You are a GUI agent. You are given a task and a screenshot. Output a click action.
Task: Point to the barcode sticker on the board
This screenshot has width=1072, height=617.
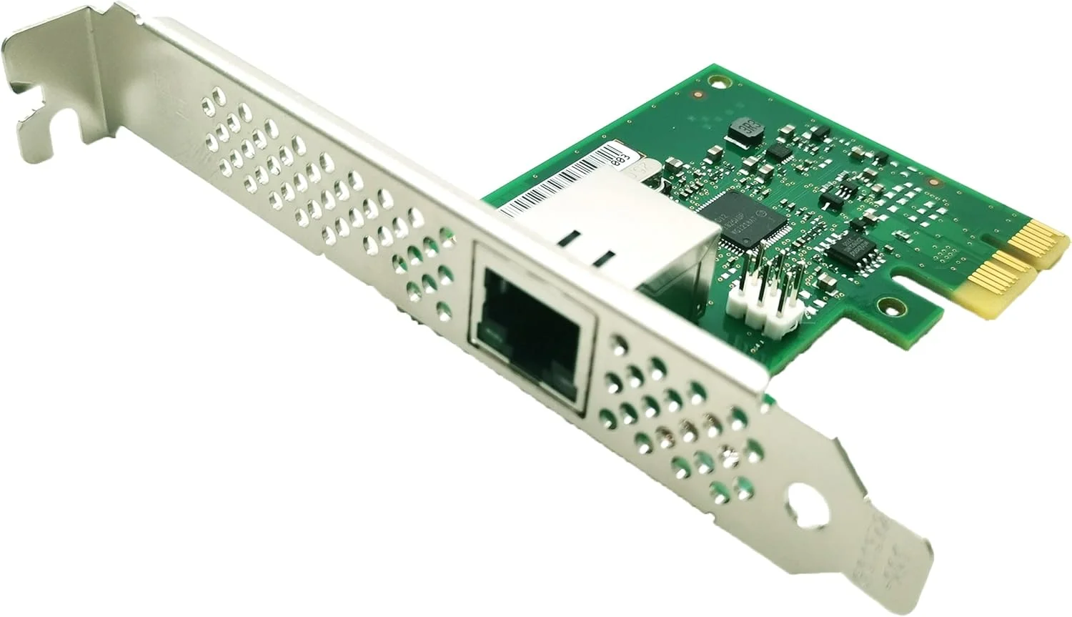coord(565,182)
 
